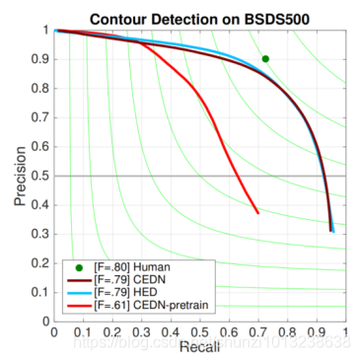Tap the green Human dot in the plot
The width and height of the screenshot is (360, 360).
[265, 59]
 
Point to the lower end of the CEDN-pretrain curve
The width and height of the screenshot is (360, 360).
[257, 212]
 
